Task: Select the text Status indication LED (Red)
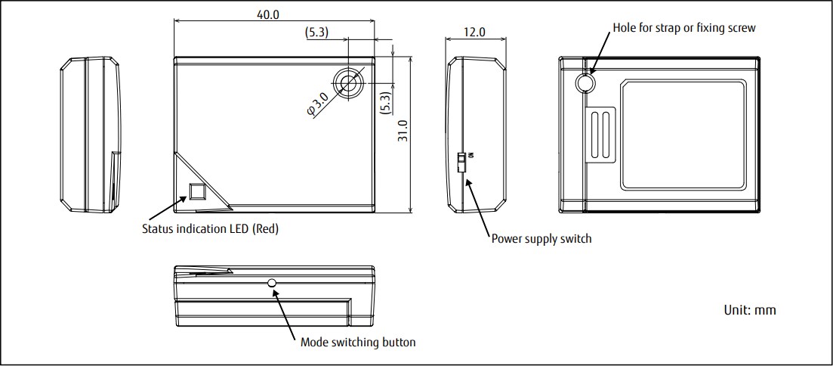210,228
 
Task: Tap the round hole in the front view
349,82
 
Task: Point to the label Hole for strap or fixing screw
684,27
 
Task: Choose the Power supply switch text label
541,238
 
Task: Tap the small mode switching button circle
273,284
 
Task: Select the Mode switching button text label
357,342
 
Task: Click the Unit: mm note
749,310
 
